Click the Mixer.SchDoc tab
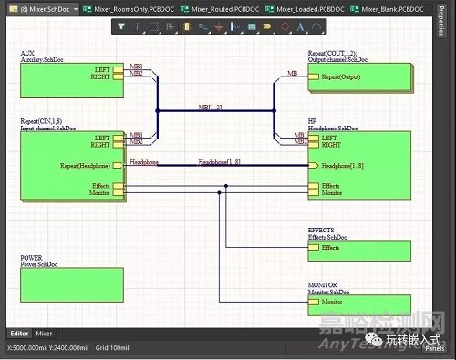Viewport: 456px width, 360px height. [40, 8]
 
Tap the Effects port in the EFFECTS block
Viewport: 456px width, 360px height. [330, 247]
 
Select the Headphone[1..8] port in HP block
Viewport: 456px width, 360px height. [343, 166]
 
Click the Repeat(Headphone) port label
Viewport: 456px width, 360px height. [86, 166]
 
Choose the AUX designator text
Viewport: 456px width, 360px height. [26, 54]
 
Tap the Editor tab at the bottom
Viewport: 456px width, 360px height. [19, 334]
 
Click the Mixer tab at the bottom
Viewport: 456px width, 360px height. [44, 334]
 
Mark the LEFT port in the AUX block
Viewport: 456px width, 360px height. [102, 68]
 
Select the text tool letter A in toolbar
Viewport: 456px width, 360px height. [300, 27]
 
